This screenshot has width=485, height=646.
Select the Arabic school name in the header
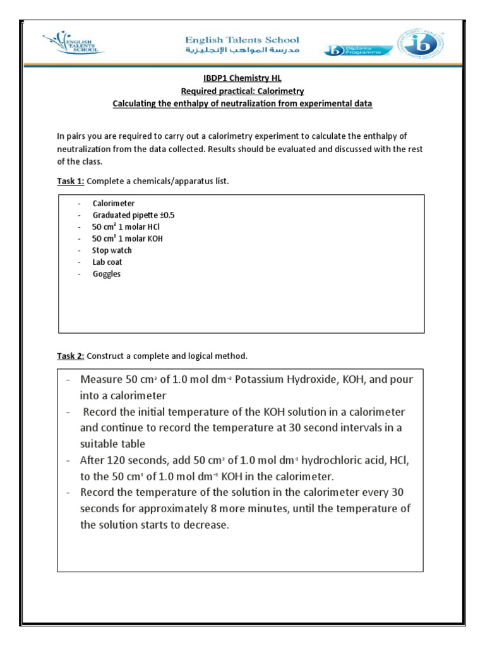tap(238, 51)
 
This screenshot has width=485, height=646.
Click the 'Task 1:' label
tap(71, 181)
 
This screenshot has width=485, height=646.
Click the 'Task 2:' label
tap(71, 356)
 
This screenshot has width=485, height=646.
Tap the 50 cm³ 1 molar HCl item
tap(123, 227)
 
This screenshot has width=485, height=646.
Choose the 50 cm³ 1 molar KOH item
tap(123, 239)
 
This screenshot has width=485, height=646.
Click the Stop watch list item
tap(112, 250)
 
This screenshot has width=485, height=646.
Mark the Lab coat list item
tap(107, 262)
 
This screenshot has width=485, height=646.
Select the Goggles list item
tap(106, 274)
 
